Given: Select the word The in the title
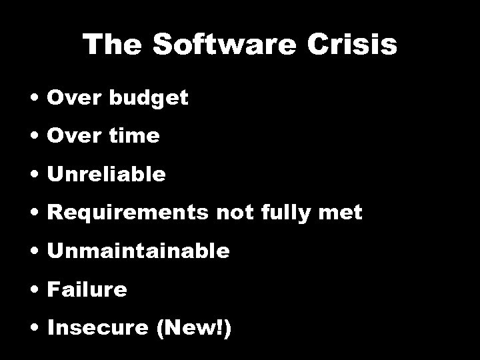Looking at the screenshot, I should pyautogui.click(x=109, y=45).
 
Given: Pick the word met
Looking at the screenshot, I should pyautogui.click(x=344, y=213).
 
